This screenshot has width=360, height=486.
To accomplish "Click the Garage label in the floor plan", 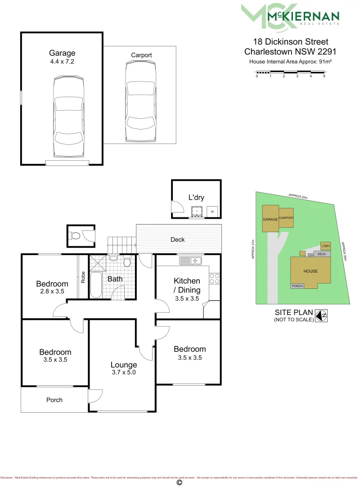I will tap(62, 53).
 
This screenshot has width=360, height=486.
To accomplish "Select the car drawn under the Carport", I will tap(141, 102).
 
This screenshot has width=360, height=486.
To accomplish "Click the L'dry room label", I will tap(196, 197).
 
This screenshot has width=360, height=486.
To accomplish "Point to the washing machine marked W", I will tap(212, 211).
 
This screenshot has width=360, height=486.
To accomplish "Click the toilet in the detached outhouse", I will tap(75, 235).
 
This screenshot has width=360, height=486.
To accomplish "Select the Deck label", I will tap(178, 239).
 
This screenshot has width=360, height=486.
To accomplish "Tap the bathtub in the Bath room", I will tap(96, 284).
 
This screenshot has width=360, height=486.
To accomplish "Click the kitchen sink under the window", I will tap(191, 260).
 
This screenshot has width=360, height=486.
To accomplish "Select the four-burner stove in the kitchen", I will tap(214, 279).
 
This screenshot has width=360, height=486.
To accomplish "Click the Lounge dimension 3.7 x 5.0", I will tap(124, 373).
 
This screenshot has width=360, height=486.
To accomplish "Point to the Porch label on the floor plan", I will tap(54, 400).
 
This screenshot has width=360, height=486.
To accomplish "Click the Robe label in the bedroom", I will tap(83, 276).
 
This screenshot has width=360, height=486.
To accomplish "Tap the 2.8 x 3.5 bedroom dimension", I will tap(52, 292).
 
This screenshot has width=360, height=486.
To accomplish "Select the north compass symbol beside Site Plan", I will tap(321, 316).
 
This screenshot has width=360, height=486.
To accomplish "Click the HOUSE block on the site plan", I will tap(310, 271).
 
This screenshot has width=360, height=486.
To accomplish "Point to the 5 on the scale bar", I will tap(324, 76).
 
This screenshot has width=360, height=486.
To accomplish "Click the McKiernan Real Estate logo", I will tap(290, 17).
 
